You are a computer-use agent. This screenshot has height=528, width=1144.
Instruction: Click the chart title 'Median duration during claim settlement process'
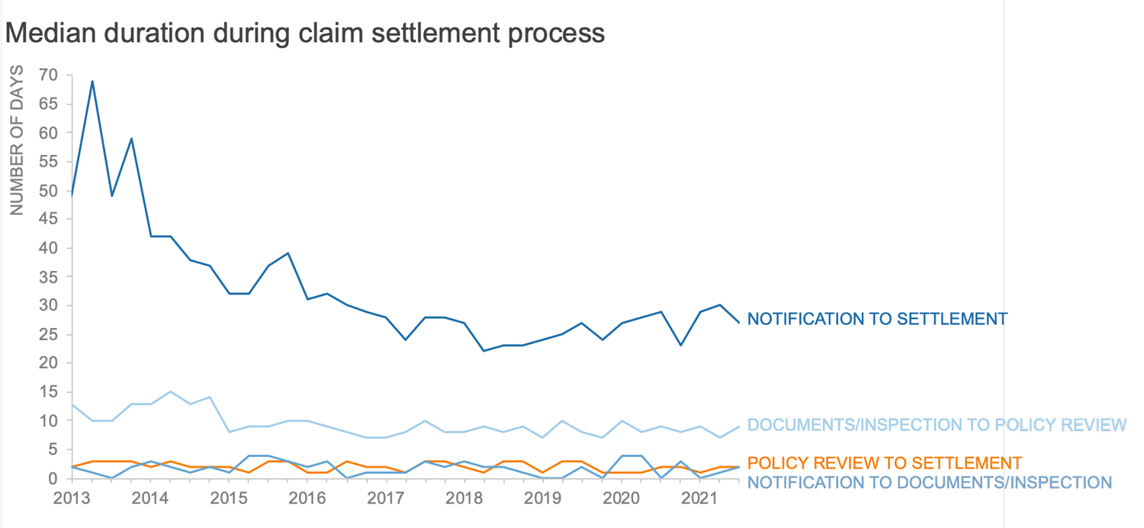coord(305,34)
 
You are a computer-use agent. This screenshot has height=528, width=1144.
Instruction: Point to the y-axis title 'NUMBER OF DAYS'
coord(17,141)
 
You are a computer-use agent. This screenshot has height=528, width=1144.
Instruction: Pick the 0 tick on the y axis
coord(54,478)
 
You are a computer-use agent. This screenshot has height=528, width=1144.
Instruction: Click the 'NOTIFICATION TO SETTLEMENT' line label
coord(877,320)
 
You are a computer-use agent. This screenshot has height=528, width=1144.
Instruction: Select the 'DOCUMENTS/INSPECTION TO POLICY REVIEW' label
coord(937,425)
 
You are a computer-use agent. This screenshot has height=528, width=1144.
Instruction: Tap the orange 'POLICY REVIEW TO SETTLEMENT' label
coord(885,463)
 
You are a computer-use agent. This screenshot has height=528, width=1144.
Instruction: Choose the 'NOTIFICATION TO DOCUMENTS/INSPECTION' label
coord(929,482)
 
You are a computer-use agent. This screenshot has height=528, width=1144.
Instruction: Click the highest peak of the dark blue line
coord(92,81)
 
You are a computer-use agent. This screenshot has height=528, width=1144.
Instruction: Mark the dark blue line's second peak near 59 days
coord(131,139)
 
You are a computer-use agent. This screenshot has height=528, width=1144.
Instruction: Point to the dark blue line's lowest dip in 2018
coord(484,351)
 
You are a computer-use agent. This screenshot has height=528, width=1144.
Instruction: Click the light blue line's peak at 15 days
coord(170,392)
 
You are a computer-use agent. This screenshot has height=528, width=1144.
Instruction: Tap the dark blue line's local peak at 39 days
coord(288,253)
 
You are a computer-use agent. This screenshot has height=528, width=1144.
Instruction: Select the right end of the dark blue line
coord(738,322)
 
